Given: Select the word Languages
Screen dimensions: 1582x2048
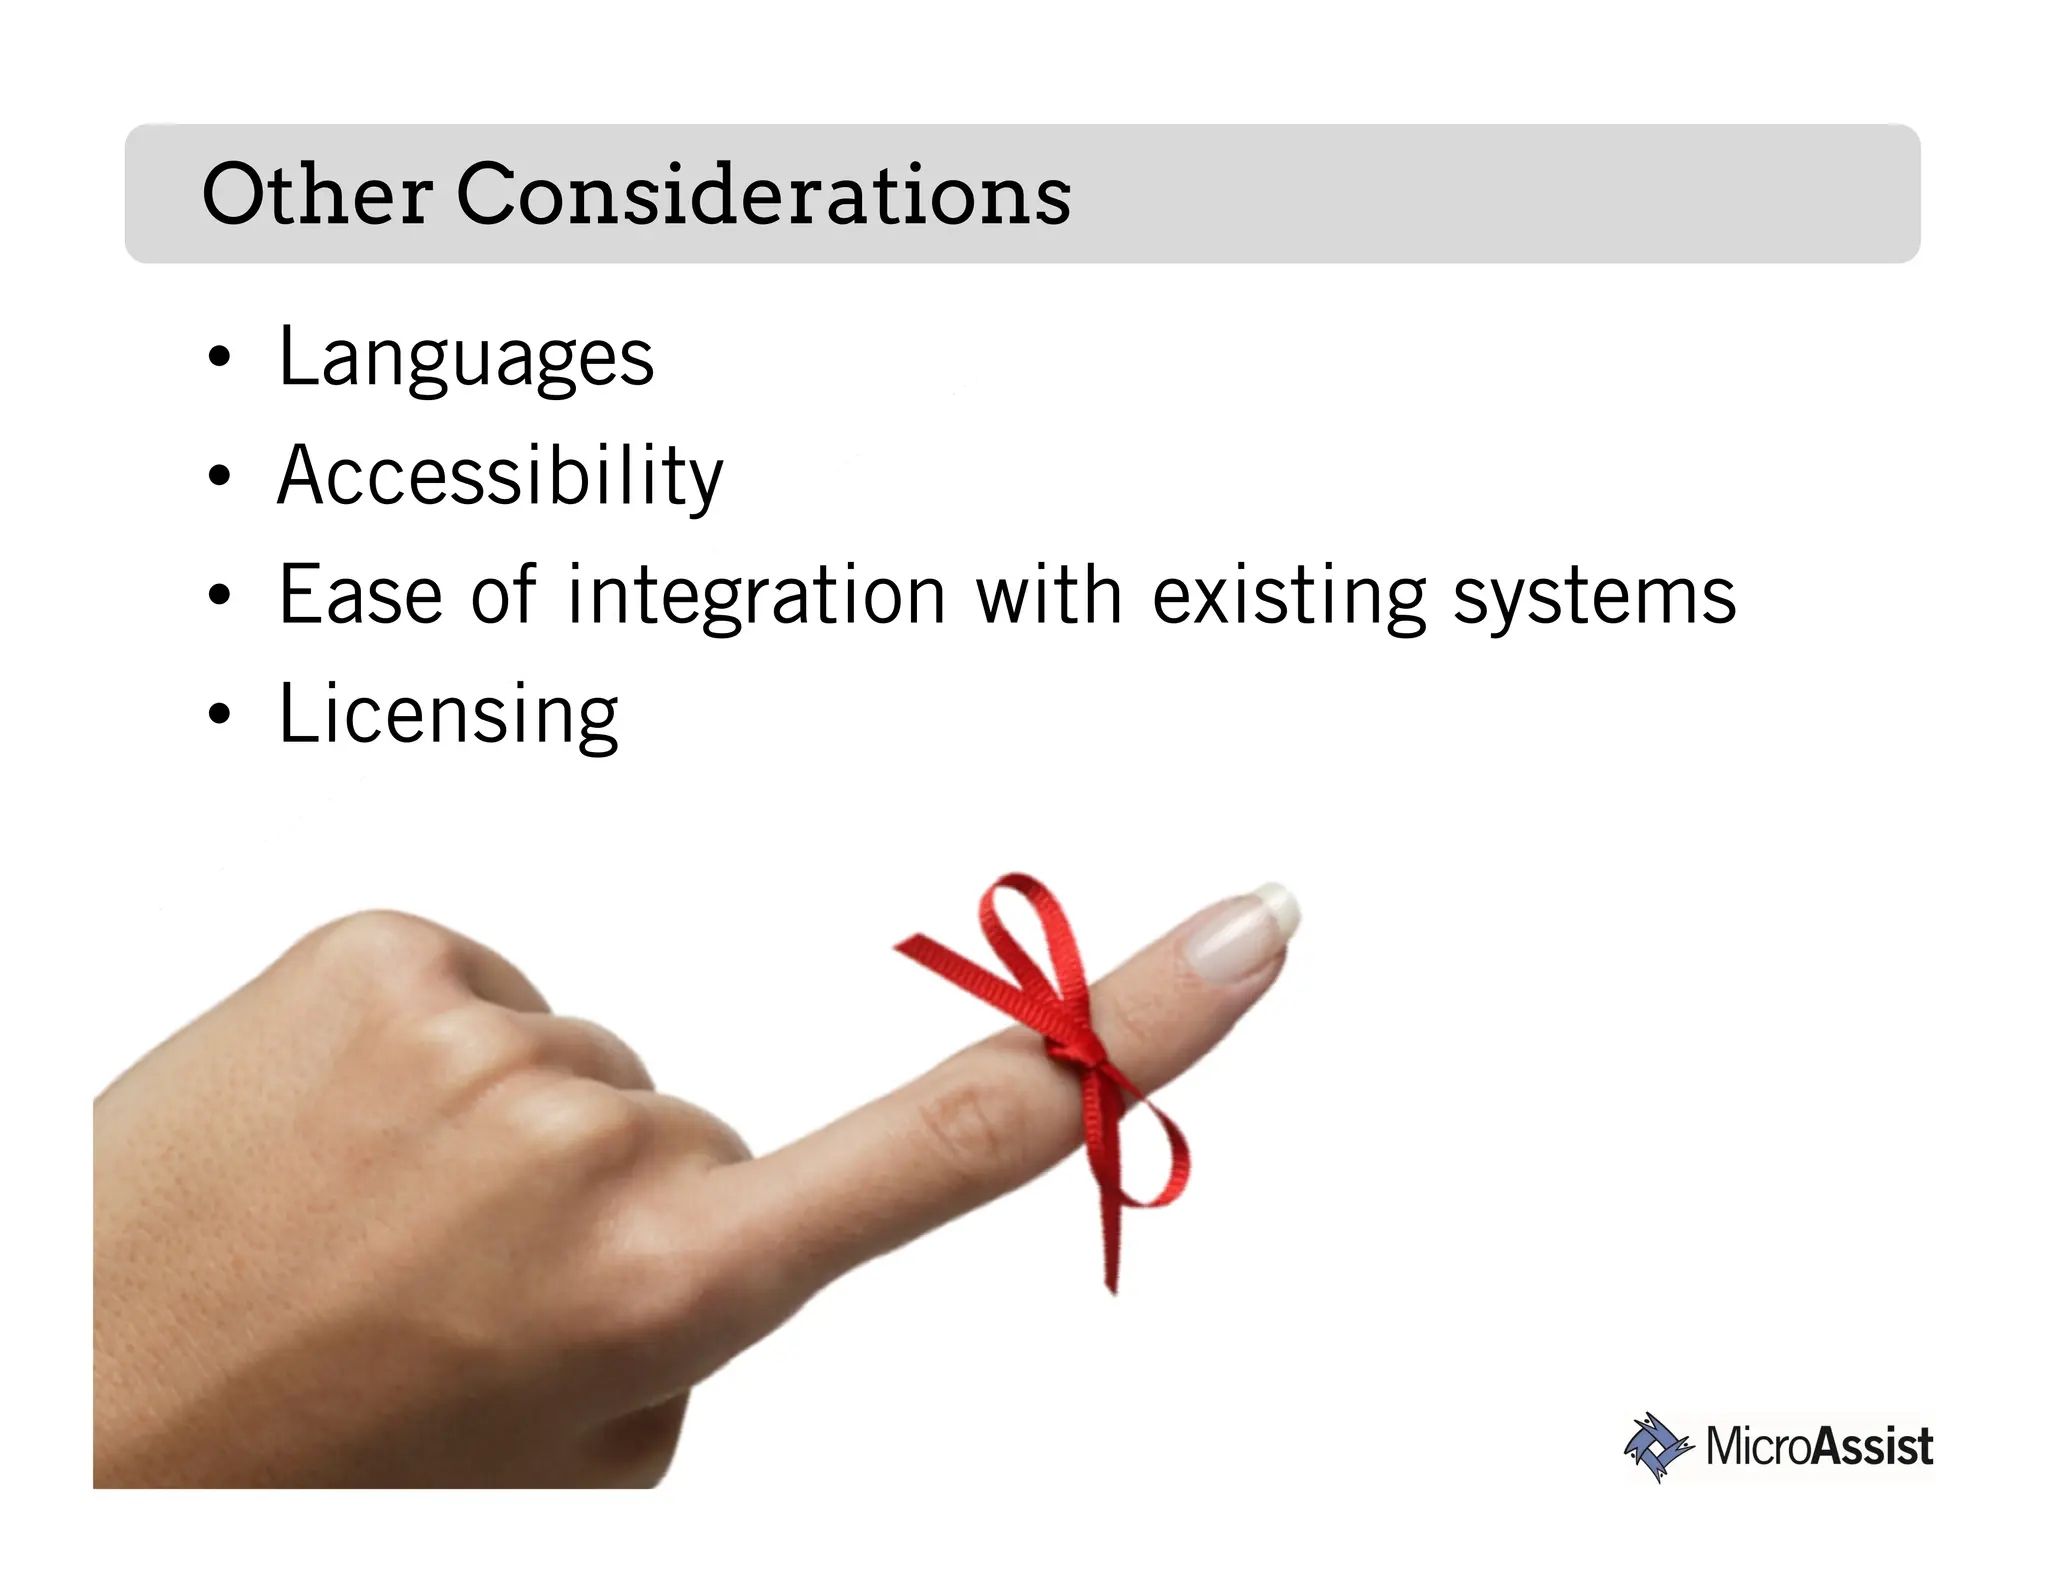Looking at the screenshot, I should [466, 358].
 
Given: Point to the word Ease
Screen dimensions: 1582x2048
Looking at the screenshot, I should [360, 596].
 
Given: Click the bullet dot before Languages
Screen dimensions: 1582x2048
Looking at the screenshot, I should [220, 359].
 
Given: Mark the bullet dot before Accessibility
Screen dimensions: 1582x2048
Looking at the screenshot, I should [220, 477].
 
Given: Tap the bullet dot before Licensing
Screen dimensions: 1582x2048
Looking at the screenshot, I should [220, 715].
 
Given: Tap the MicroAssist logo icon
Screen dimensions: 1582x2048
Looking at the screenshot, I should [1657, 1446].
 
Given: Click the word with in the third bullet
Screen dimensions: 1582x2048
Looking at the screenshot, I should [1049, 596].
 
